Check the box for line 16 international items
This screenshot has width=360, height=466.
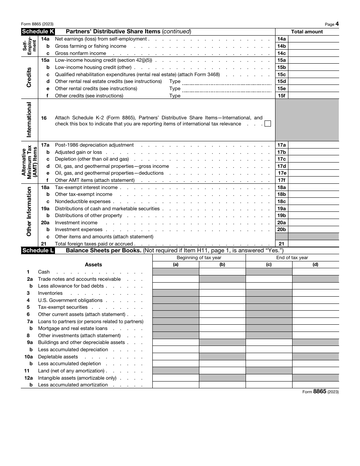268,124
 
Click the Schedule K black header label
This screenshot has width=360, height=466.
38,32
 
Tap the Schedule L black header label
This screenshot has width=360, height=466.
38,250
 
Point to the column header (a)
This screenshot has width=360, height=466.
176,265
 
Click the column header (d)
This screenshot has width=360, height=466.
315,265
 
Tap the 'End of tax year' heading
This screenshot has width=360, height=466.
292,258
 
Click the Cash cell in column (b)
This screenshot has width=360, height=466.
222,272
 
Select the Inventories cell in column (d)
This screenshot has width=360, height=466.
315,293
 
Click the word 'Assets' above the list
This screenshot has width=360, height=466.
93,265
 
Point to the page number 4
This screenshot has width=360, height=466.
337,24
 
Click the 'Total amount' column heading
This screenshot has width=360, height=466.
307,32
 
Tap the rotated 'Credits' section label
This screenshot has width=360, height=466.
29,78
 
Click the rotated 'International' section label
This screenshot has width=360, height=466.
29,120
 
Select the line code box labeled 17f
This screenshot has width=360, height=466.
282,180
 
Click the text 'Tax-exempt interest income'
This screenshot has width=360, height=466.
86,188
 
